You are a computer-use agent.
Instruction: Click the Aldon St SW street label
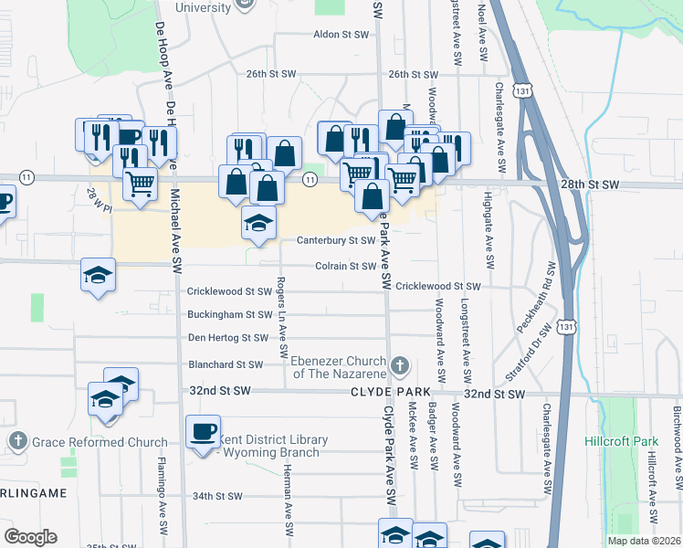coord(341,35)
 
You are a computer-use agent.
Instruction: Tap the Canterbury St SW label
coord(335,241)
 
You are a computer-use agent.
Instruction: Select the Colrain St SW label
coord(345,267)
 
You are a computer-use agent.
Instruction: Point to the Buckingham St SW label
coord(229,314)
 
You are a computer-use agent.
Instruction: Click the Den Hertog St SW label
coord(227,338)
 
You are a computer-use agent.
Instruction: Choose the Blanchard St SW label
coord(225,364)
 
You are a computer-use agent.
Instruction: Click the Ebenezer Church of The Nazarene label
coord(338,367)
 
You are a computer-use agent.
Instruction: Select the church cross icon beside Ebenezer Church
coord(399,367)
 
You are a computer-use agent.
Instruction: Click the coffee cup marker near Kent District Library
coord(203,431)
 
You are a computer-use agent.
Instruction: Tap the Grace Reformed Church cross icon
coord(17,442)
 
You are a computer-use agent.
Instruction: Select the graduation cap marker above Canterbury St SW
coord(259,222)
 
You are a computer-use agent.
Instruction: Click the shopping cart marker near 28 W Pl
coord(140,184)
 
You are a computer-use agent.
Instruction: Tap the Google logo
coord(30,537)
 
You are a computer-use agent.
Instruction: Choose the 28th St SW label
coord(590,184)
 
